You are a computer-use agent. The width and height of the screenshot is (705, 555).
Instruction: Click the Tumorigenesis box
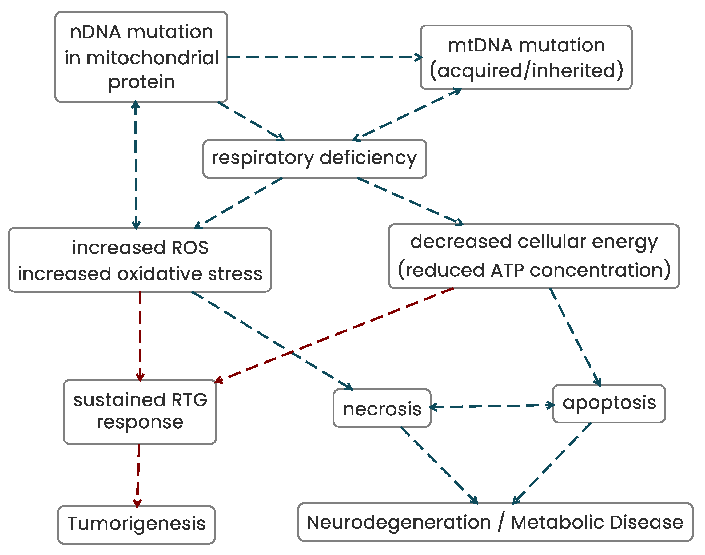(137, 525)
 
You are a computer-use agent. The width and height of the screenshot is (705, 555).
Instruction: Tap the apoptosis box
(609, 404)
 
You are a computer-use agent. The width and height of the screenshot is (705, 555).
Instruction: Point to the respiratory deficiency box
(315, 159)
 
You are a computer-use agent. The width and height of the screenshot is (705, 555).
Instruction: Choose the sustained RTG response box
(140, 412)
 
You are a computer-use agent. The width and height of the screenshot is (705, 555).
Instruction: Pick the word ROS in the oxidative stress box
(190, 248)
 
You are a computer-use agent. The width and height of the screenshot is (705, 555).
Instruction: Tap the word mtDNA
(483, 45)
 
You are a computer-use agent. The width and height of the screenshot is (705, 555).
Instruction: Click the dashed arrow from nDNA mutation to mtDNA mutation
(325, 57)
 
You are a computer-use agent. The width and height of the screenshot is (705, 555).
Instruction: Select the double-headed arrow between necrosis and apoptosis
(492, 406)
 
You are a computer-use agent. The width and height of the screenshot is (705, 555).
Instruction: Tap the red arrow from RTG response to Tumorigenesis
(138, 476)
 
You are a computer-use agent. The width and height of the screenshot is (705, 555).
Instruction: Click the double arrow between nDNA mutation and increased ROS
(136, 165)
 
